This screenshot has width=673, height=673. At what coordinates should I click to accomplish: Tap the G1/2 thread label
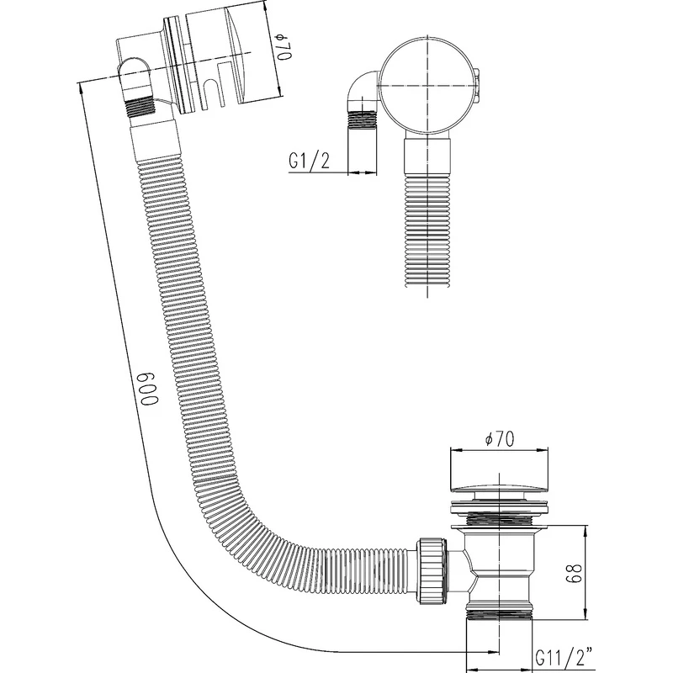pyautogui.click(x=309, y=161)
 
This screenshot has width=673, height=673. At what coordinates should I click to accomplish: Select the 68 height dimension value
pyautogui.click(x=574, y=573)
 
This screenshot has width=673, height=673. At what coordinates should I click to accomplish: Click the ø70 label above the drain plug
pyautogui.click(x=499, y=438)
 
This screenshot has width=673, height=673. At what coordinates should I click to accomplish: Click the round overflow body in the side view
pyautogui.click(x=428, y=86)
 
